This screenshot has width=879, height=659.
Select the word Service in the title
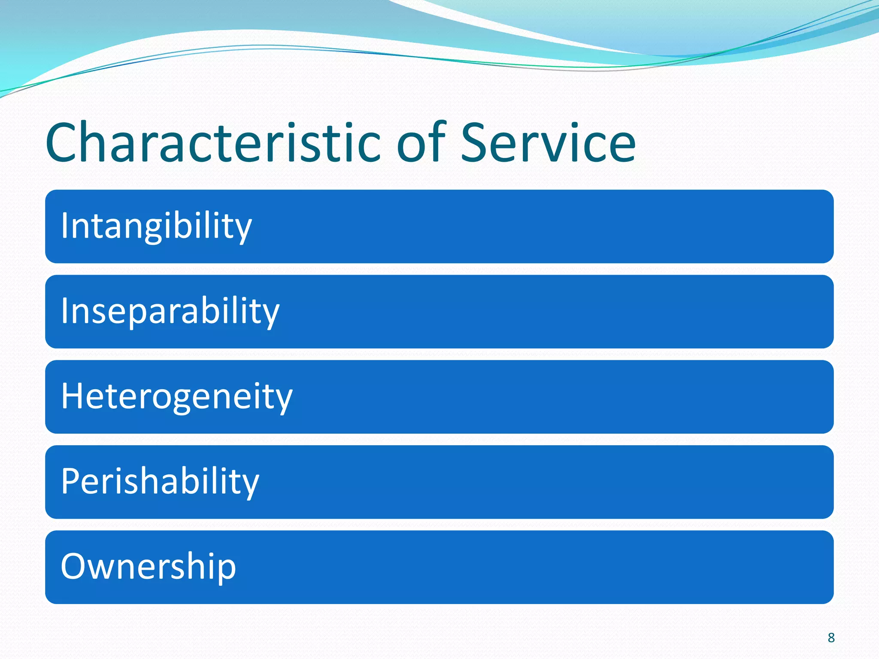[548, 142]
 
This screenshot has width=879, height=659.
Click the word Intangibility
[156, 226]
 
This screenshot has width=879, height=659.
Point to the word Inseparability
[170, 311]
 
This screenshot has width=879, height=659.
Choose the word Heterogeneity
[176, 396]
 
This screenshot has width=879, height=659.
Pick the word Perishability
[160, 481]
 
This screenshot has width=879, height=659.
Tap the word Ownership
[149, 566]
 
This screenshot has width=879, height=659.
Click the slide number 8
[831, 638]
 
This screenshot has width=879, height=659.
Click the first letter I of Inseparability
[64, 311]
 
